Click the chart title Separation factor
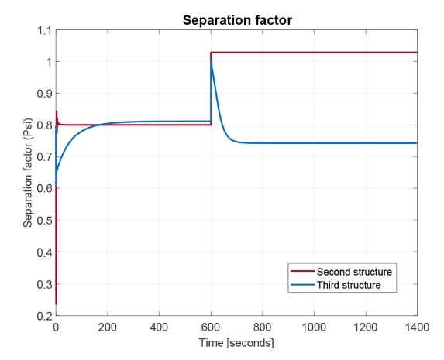236,20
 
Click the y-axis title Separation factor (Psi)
28,173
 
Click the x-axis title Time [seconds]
236,341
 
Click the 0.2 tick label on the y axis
43,316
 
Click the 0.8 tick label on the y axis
43,125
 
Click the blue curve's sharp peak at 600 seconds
211,63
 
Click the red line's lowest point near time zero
56,303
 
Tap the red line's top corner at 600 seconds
211,53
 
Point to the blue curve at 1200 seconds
365,143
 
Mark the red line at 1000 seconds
314,53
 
